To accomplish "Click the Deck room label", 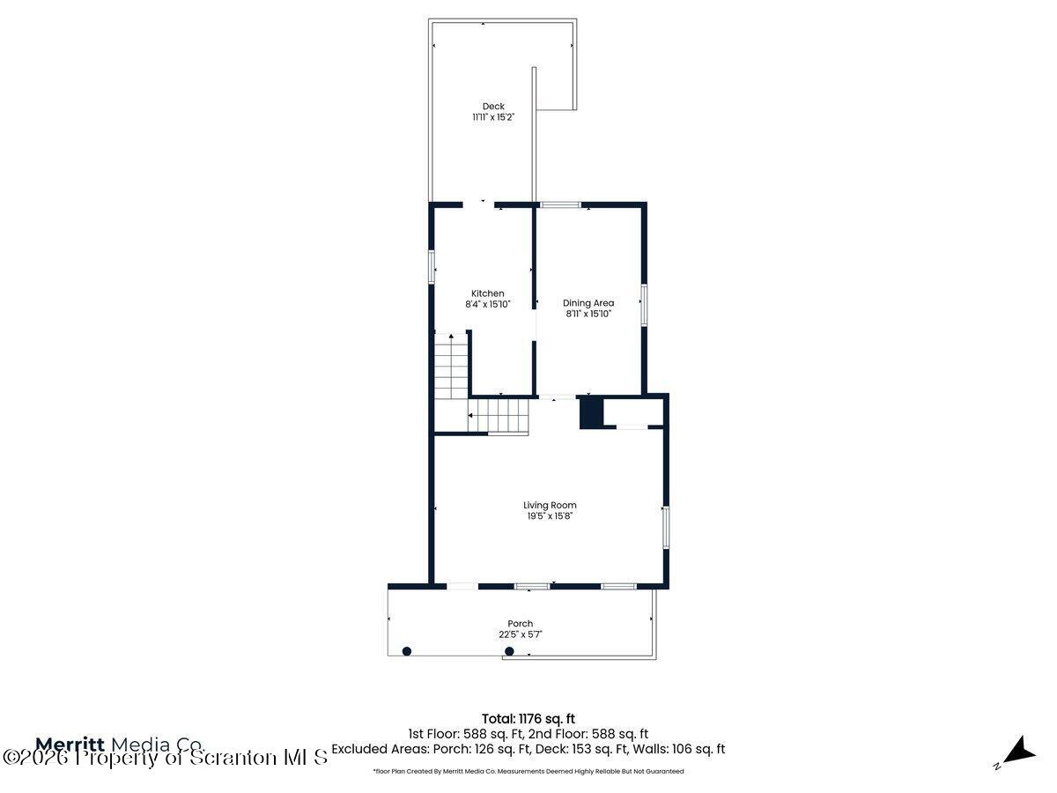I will [493, 107].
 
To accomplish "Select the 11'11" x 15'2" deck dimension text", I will [493, 117].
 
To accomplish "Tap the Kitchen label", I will [488, 293].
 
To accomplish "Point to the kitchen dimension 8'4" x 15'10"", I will [488, 304].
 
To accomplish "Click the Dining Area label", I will [588, 303].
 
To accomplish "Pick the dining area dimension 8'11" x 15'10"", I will [588, 314].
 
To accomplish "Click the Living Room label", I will [550, 505].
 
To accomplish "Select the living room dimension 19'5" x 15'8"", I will [550, 516].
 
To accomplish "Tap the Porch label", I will [520, 624].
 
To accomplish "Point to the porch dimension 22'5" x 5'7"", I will [520, 634].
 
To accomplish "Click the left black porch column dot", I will [407, 651].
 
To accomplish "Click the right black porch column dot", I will [509, 651].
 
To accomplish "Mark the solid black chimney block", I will [590, 412].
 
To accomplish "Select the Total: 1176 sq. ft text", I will [528, 718].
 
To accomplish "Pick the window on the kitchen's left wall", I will [432, 267].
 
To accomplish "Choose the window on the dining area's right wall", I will [644, 305].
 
